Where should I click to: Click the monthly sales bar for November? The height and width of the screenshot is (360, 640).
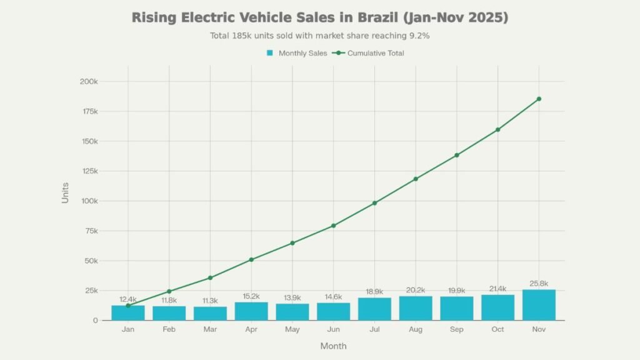538,305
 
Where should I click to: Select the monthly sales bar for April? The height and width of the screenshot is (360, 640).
251,311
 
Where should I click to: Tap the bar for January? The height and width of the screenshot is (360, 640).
128,312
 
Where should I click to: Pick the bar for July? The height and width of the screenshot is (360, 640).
374,309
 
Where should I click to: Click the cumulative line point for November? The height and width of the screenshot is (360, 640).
538,99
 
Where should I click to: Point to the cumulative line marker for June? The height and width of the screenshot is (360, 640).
333,226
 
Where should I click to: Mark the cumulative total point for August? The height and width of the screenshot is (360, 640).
416,179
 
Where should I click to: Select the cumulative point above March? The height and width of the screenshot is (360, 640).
210,277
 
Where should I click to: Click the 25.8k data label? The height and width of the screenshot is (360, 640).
538,284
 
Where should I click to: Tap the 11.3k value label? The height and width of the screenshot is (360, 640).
210,301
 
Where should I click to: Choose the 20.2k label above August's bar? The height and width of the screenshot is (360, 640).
416,290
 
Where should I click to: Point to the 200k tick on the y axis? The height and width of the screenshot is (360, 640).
88,82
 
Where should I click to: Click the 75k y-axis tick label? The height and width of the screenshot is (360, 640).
90,231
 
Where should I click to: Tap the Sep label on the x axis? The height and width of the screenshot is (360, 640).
456,329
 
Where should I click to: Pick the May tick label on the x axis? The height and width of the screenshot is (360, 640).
292,329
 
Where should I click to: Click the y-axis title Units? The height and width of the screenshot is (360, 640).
66,192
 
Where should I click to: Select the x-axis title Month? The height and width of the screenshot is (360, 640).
333,346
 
